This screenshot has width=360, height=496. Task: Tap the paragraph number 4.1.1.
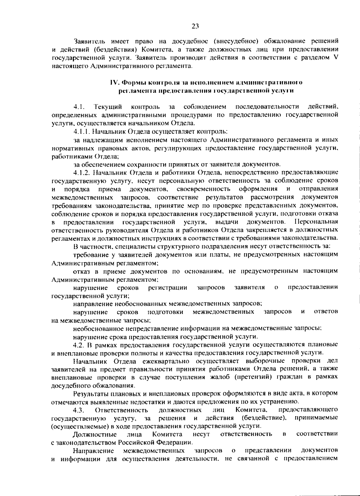tap(82, 131)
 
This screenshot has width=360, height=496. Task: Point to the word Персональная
tap(316, 222)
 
